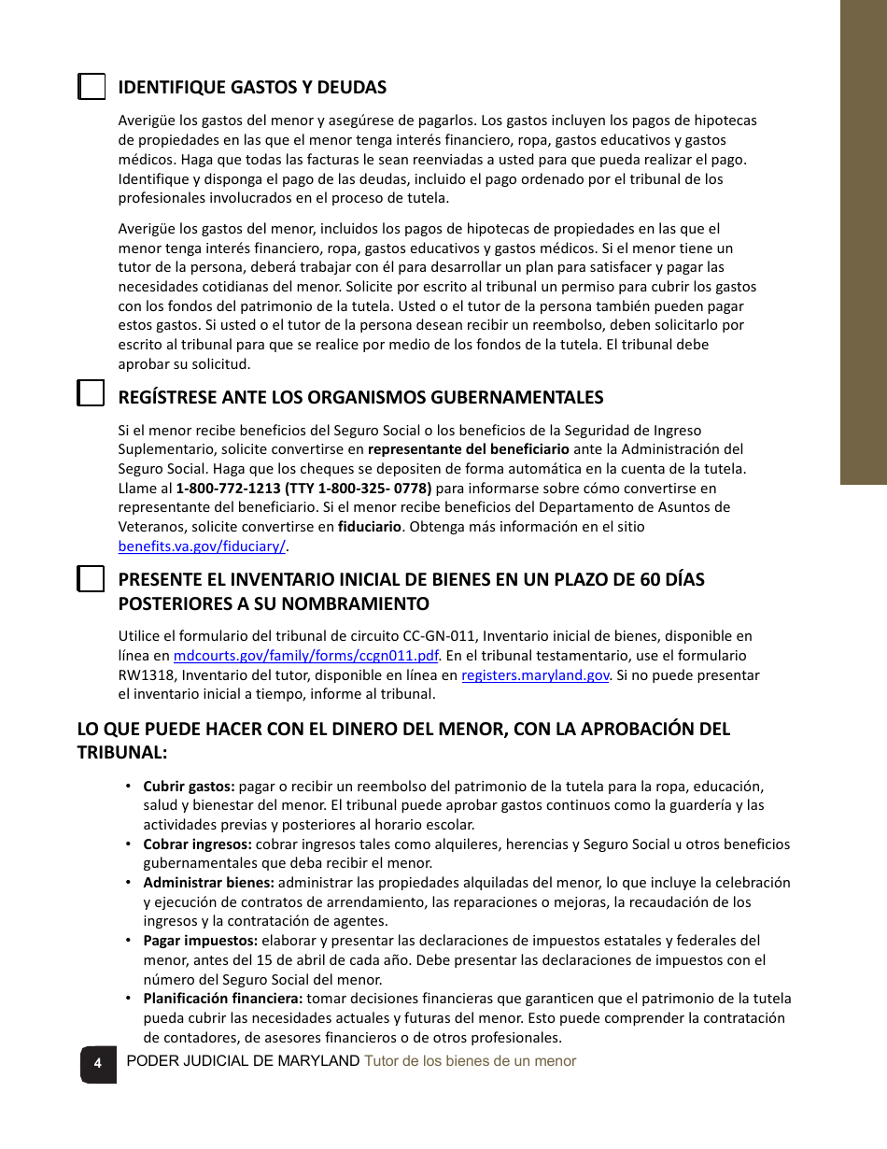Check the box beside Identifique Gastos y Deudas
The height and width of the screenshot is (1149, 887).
[91, 87]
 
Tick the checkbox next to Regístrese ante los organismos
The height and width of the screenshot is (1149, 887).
[91, 393]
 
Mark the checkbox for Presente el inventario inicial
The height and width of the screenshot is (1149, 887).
[91, 579]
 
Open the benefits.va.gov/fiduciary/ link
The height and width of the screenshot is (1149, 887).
[202, 546]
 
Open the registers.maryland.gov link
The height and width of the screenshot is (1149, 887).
[535, 675]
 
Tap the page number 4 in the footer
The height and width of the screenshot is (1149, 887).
[97, 1063]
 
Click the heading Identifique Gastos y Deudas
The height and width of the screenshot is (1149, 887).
[252, 88]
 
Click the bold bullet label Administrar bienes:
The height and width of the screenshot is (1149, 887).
[208, 883]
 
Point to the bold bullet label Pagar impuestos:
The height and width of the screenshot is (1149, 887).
[200, 941]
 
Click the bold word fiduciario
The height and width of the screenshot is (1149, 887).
[370, 527]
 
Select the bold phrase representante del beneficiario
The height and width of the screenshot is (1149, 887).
[469, 448]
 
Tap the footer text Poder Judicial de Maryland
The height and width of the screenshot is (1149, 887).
[243, 1061]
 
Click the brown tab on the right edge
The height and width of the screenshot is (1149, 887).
[863, 243]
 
